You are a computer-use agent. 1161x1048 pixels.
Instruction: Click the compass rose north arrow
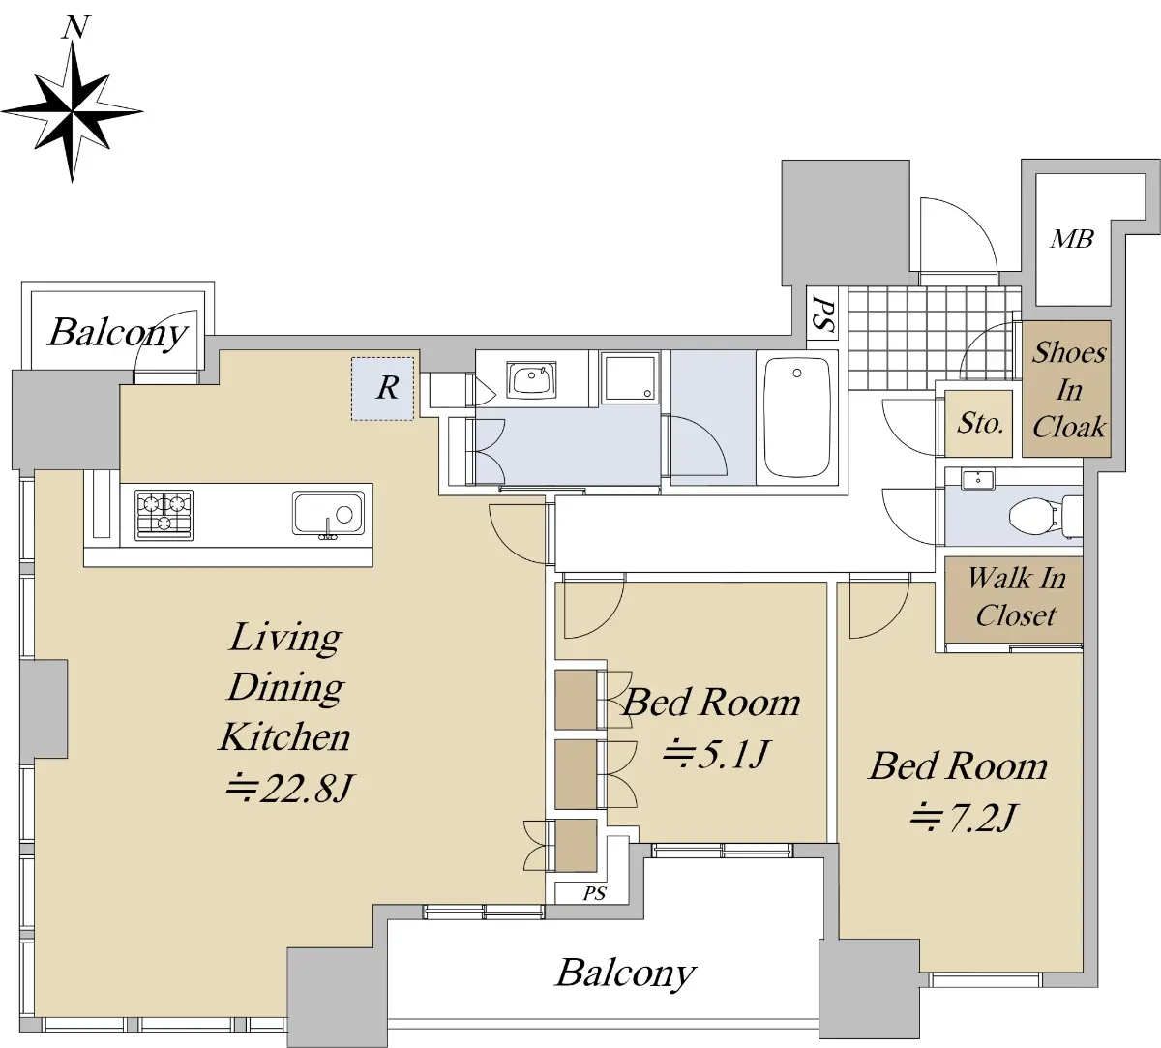[73, 100]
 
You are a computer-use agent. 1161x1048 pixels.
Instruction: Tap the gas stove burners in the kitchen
[164, 516]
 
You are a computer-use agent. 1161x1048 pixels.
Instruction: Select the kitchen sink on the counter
[329, 514]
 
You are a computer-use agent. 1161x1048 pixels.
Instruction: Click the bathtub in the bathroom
[797, 417]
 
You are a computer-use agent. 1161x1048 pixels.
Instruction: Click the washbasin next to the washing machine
[531, 380]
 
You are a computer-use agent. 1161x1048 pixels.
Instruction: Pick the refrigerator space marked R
[382, 388]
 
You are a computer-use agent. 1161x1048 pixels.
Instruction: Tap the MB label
[1072, 239]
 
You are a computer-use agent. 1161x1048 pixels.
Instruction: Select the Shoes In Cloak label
[1068, 390]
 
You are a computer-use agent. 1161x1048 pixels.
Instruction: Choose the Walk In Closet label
[1016, 597]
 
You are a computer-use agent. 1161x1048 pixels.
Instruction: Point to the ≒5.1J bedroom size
[716, 754]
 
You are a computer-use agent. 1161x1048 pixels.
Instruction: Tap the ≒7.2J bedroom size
[964, 818]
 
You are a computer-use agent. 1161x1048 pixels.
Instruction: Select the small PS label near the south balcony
[594, 893]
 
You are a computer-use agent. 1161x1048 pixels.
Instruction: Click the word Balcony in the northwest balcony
[118, 334]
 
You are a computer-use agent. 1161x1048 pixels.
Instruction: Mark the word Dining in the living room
[286, 688]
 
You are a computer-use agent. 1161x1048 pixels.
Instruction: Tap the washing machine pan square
[630, 377]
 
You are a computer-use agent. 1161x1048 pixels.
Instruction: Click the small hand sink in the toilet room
[978, 479]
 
